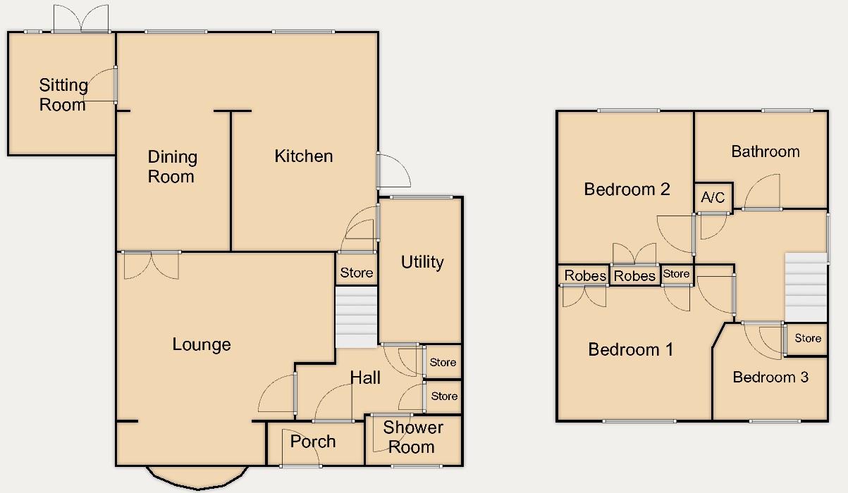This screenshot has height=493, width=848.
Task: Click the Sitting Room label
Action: coord(63,95)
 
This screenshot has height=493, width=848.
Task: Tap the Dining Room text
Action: coord(172,167)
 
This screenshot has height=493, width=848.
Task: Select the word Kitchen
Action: coord(303,156)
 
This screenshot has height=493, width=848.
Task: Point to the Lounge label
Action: coord(202,344)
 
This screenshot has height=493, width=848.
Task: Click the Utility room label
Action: coord(422,263)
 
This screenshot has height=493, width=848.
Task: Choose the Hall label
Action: coord(365,378)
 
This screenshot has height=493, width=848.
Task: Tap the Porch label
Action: coord(313,442)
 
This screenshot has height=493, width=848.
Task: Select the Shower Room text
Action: coord(412,437)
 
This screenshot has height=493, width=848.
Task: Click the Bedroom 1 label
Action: coord(630,349)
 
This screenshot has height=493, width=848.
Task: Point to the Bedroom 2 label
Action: coord(627,189)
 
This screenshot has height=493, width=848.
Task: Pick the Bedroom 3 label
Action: coord(770,377)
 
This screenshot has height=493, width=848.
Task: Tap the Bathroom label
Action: coord(765,151)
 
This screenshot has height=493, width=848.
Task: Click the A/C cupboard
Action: coord(713,198)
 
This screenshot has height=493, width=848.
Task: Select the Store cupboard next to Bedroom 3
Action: coord(807,339)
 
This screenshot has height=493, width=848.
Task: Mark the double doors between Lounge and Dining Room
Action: coord(151,264)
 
